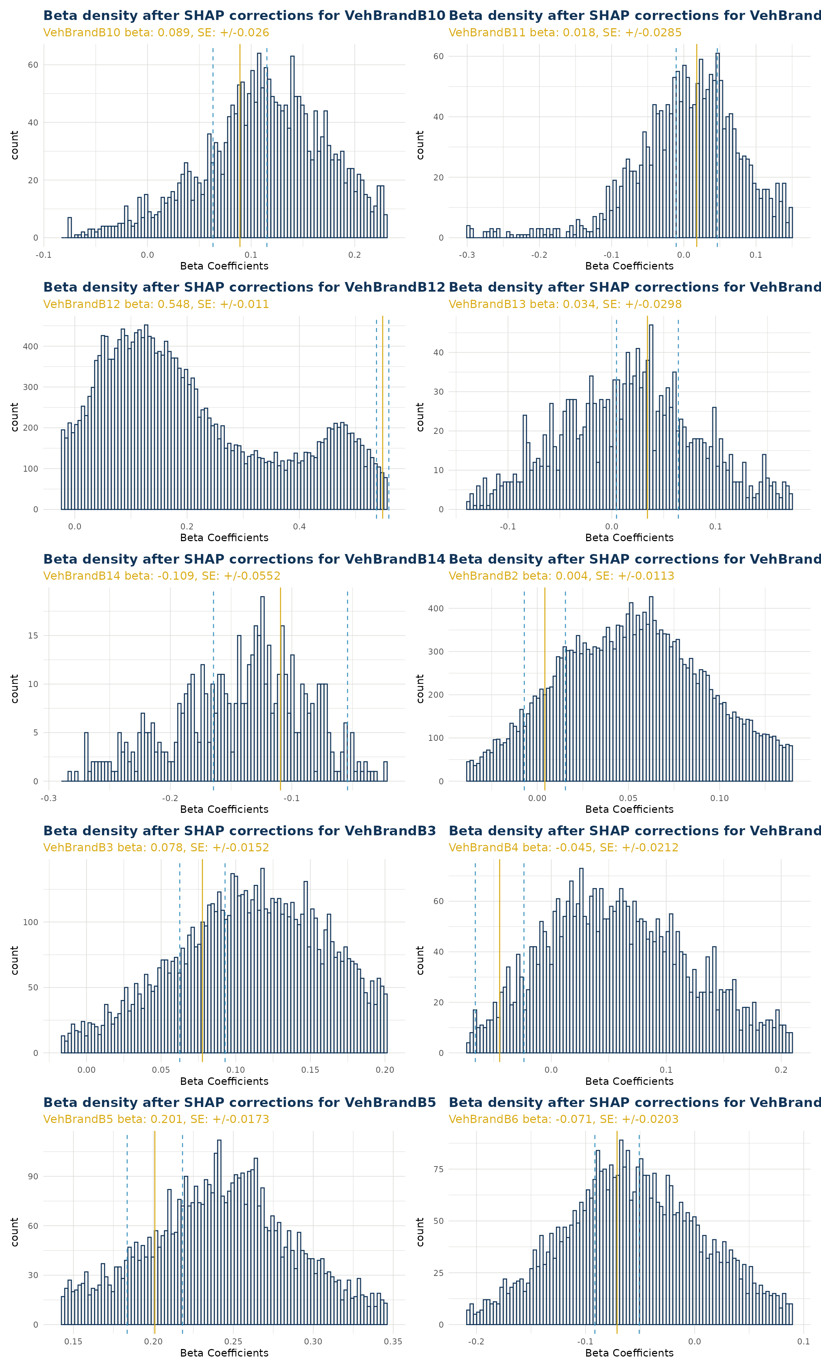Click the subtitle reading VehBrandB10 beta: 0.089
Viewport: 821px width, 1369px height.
[156, 33]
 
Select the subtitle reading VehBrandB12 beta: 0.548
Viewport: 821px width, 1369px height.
[156, 304]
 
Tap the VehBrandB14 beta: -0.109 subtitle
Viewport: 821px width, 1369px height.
[161, 576]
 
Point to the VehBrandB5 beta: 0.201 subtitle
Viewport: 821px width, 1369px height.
[156, 1119]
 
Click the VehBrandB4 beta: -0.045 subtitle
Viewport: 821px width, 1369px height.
[563, 848]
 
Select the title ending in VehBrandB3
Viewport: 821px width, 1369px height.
[239, 831]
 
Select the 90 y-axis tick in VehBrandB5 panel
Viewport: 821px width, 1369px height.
[33, 1176]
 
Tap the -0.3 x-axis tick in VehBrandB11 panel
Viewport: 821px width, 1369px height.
[467, 255]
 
